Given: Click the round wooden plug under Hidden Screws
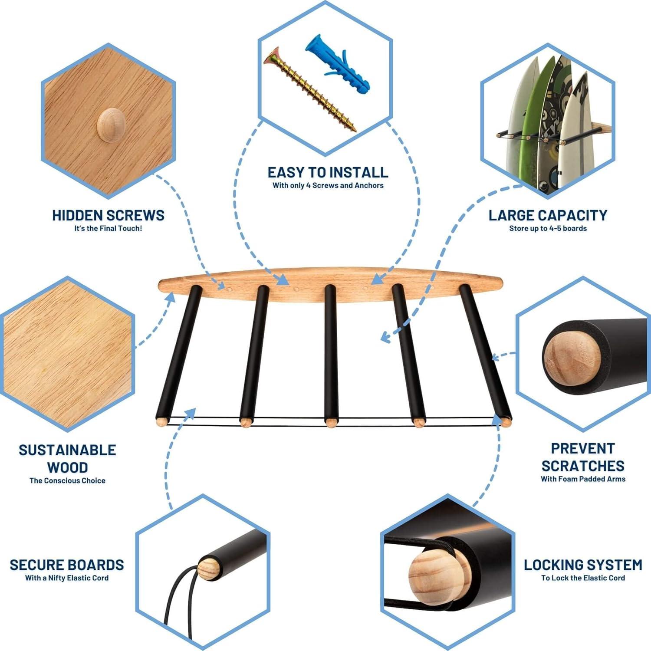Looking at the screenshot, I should (111, 125).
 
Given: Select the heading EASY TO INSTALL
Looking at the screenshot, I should (328, 173).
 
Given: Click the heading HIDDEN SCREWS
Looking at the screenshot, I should (108, 216).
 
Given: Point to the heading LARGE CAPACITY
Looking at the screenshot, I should (548, 216).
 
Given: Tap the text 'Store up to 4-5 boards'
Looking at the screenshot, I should (548, 229).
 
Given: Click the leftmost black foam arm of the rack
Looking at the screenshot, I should (179, 352).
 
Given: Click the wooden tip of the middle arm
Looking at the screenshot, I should (331, 422).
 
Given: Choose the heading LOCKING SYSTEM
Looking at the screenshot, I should (583, 565).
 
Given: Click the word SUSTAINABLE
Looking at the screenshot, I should (67, 450).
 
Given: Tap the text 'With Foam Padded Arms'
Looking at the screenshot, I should (583, 479).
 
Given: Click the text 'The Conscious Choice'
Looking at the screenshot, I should (67, 481).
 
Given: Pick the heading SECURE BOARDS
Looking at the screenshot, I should (67, 565).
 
